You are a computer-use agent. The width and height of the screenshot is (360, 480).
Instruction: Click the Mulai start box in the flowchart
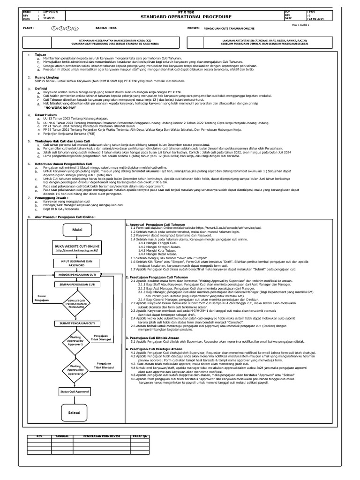(x=77, y=230)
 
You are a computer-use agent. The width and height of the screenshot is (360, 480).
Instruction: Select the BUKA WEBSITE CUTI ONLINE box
(x=77, y=248)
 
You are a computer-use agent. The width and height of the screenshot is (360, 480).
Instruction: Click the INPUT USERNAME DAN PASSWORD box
(x=77, y=263)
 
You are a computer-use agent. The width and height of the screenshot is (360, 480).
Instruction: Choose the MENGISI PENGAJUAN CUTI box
(x=77, y=274)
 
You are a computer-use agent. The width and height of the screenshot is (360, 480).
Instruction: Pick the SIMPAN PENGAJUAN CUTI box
(x=77, y=285)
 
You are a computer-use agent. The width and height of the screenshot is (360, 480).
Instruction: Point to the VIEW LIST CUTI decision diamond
(x=77, y=304)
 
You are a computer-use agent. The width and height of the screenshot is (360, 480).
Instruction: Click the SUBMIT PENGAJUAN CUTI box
(x=77, y=323)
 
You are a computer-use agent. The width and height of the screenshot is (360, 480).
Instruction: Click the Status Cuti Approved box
(x=75, y=391)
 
